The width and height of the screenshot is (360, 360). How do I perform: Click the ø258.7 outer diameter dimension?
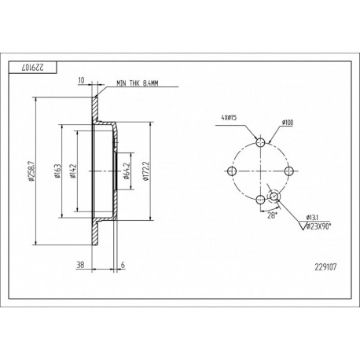click(x=31, y=171)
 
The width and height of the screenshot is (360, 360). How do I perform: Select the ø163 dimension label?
click(x=58, y=171)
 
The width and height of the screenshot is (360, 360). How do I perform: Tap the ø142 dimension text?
click(x=73, y=171)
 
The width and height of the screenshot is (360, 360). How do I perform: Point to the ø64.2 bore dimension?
click(x=127, y=171)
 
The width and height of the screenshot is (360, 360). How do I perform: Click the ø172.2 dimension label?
click(x=146, y=171)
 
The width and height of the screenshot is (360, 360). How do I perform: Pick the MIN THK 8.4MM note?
click(x=138, y=83)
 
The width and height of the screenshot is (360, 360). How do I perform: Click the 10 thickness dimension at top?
click(x=82, y=80)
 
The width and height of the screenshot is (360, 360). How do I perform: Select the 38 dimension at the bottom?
click(x=80, y=265)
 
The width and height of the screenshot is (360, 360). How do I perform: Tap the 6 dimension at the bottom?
click(x=123, y=265)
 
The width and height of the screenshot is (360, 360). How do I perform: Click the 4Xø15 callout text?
click(x=229, y=118)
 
